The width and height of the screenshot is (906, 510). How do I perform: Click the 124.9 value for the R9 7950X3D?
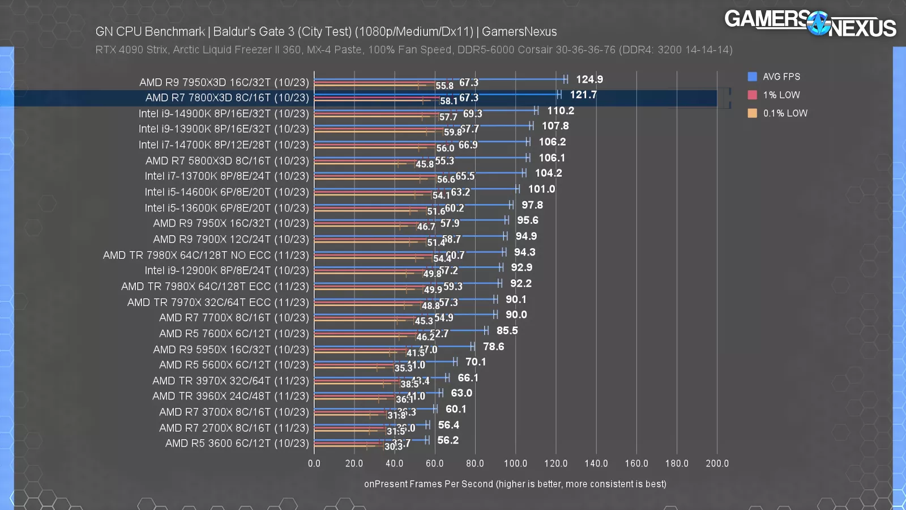coord(589,79)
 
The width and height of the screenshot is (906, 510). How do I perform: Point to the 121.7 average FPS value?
coord(583,95)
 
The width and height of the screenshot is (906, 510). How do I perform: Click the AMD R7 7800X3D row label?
coord(227,98)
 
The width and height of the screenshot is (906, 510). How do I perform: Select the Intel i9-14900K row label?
coord(224,114)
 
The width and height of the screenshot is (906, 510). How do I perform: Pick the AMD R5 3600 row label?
coord(237,443)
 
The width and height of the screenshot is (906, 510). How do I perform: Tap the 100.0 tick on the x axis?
coord(515,464)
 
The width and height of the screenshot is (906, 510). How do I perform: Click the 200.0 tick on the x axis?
coord(717,464)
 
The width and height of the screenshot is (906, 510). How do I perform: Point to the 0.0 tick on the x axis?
coord(314,464)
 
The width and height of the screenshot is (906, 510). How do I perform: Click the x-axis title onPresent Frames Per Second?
coord(515,484)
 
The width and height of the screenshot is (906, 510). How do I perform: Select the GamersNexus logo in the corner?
coord(810,24)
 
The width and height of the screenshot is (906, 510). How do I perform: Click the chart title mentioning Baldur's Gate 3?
coord(326,32)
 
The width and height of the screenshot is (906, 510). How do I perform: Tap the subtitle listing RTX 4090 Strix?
coord(413,50)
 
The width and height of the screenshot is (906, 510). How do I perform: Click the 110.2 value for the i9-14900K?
coord(560,110)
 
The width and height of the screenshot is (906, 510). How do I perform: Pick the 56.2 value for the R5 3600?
coord(448,440)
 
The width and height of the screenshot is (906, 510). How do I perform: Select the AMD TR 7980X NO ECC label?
coord(206,255)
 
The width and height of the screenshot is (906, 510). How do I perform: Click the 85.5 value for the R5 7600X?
coord(507,330)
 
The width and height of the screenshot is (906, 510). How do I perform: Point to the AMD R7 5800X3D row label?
coord(227,161)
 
